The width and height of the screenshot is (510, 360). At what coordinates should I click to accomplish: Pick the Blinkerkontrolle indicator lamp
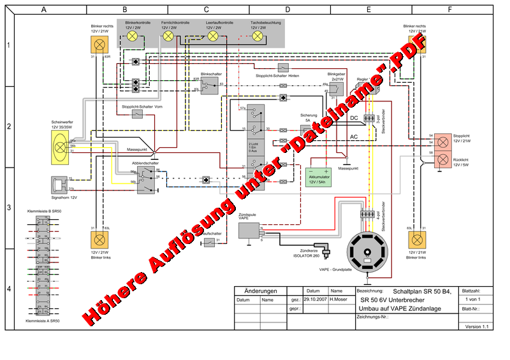(x=133, y=37)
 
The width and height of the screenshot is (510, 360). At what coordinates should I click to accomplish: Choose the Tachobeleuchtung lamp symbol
(x=258, y=37)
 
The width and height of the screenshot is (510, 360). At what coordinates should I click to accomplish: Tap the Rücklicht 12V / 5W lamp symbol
(x=442, y=159)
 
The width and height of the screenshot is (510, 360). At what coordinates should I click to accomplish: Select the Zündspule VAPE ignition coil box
(x=249, y=231)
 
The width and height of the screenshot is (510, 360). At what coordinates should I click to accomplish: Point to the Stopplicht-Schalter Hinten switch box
(x=283, y=68)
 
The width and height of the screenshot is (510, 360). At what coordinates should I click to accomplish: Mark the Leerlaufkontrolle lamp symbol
(x=214, y=37)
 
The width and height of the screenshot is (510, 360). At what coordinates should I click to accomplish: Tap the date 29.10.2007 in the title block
(x=315, y=299)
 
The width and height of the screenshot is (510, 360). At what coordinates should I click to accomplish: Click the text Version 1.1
(x=476, y=326)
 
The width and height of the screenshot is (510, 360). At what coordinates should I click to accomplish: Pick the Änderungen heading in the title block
(x=260, y=291)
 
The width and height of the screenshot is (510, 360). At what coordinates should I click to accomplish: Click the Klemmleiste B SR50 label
(x=44, y=211)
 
